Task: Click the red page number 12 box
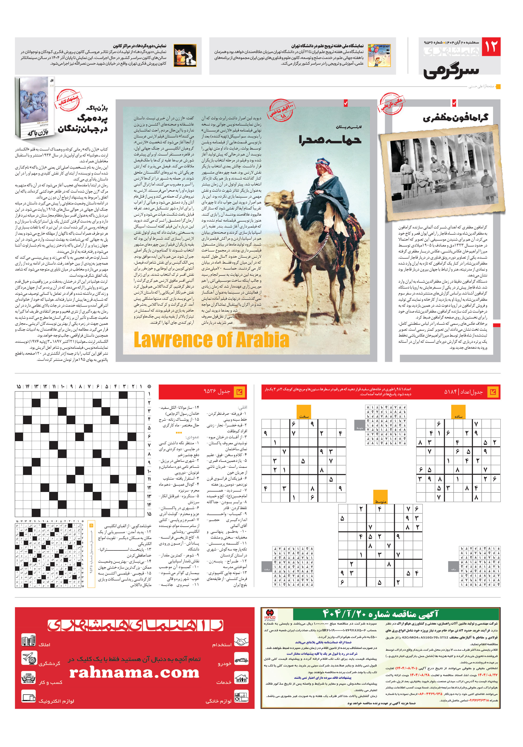[x=490, y=47]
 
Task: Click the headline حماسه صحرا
[x=330, y=140]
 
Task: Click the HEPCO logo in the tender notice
[x=270, y=615]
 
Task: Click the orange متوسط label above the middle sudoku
[x=380, y=497]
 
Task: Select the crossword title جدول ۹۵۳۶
[x=216, y=391]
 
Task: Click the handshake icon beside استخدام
[x=241, y=640]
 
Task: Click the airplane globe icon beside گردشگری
[x=29, y=658]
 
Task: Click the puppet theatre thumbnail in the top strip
[x=185, y=56]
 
